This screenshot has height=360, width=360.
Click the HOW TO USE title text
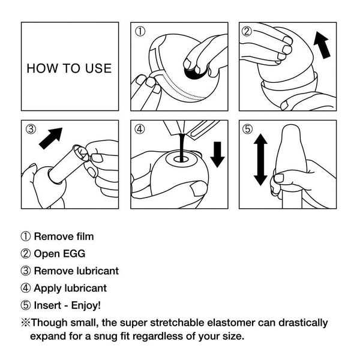[x=69, y=68]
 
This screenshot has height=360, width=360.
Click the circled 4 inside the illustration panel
[x=140, y=128]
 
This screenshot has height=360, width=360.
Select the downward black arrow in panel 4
[x=217, y=154]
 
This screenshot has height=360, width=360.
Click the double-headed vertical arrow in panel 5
[x=260, y=159]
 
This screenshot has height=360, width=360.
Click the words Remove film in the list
[x=64, y=236]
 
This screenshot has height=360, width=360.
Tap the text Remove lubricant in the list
[x=76, y=271]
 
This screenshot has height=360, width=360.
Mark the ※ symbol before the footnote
[x=25, y=322]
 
